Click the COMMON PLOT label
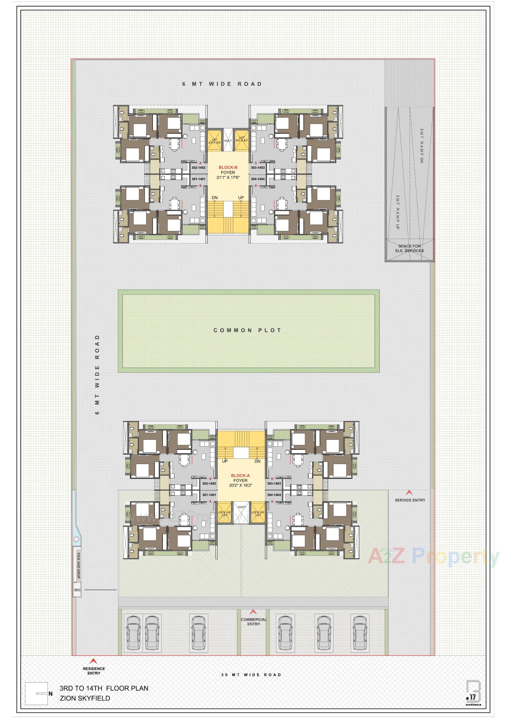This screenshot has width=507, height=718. (x=247, y=330)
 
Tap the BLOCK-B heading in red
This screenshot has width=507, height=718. (x=228, y=167)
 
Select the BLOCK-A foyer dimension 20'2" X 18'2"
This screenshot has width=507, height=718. (x=240, y=485)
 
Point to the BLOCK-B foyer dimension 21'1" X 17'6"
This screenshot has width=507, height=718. (x=228, y=177)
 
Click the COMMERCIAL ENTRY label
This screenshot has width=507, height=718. (x=253, y=622)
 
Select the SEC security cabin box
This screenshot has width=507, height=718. (x=77, y=590)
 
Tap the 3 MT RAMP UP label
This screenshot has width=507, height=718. (x=397, y=212)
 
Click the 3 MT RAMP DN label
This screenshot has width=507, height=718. (x=421, y=145)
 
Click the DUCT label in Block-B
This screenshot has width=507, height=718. (x=228, y=141)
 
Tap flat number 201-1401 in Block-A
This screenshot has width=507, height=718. (x=209, y=495)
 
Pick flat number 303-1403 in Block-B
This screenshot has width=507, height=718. (x=257, y=168)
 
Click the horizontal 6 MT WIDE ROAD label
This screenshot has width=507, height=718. (x=222, y=84)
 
